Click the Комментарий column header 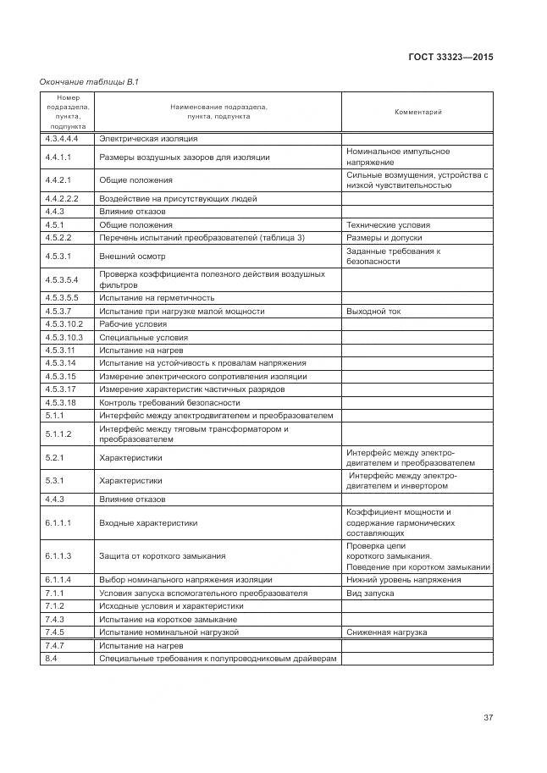coord(418,112)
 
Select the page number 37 coord(489,718)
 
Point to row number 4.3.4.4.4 coord(62,138)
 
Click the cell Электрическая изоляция coord(148,138)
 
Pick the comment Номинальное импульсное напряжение coord(398,157)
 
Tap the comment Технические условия coord(388,225)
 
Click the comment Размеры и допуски coord(384,238)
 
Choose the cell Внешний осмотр coord(132,256)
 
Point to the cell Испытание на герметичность coord(157,298)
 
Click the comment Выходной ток coord(373,312)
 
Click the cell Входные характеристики coord(148,523)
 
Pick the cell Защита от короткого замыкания coord(163,556)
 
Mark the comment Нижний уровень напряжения coord(404,580)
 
